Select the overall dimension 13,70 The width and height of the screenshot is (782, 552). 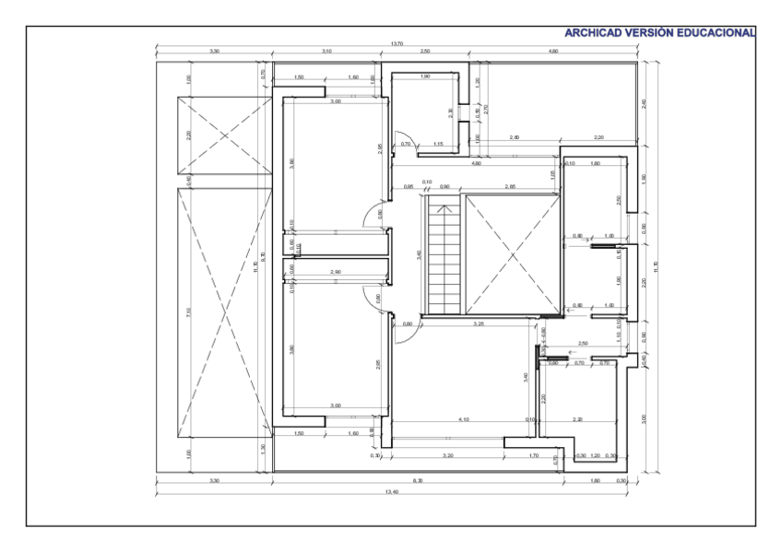[x=398, y=43]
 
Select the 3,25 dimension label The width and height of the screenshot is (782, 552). [x=479, y=324]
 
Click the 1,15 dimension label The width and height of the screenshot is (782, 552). [x=438, y=144]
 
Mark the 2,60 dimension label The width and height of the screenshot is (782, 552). [x=514, y=137]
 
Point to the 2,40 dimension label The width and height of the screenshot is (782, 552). [x=644, y=102]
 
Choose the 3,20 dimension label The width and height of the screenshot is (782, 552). [x=447, y=455]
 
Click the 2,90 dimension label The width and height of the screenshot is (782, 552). [x=336, y=273]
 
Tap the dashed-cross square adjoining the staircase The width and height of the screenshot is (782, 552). [x=512, y=253]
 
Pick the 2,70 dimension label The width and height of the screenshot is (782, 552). [x=486, y=108]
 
